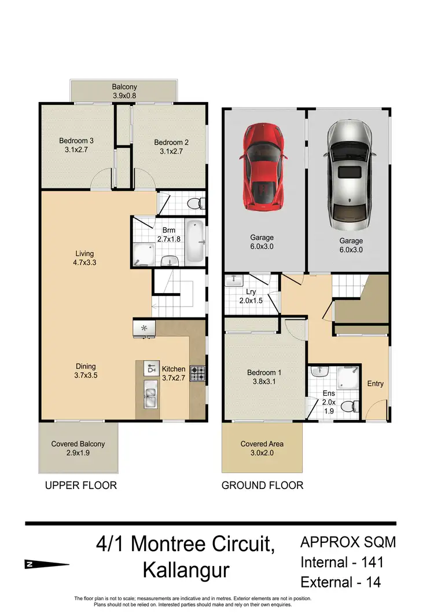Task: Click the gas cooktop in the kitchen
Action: click(198, 374)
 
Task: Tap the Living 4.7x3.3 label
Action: click(84, 258)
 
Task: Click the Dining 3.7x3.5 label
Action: click(86, 370)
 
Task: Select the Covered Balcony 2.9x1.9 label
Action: click(78, 448)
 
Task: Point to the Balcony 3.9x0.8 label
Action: click(124, 92)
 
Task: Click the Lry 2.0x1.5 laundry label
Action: click(251, 297)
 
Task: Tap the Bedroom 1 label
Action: click(264, 377)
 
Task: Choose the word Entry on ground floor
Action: click(376, 384)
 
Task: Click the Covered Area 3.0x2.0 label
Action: click(262, 448)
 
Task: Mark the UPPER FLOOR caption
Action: click(81, 486)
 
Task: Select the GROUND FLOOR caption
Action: click(262, 486)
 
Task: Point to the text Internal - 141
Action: click(342, 561)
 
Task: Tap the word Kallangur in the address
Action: click(186, 571)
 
